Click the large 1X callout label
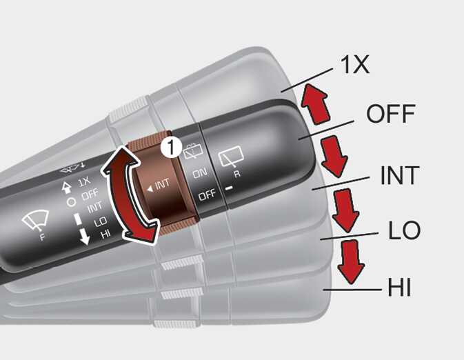click(355, 65)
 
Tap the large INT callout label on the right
click(400, 175)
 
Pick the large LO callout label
click(404, 230)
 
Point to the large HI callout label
click(399, 287)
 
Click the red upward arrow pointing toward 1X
click(316, 103)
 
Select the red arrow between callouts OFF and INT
click(334, 157)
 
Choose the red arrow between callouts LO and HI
click(352, 262)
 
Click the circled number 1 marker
click(172, 147)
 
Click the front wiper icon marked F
click(36, 221)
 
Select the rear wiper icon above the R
click(231, 156)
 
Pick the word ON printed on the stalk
click(200, 173)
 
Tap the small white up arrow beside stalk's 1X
click(67, 188)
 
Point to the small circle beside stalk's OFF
click(71, 202)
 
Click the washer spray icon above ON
click(193, 152)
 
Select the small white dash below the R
click(229, 188)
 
